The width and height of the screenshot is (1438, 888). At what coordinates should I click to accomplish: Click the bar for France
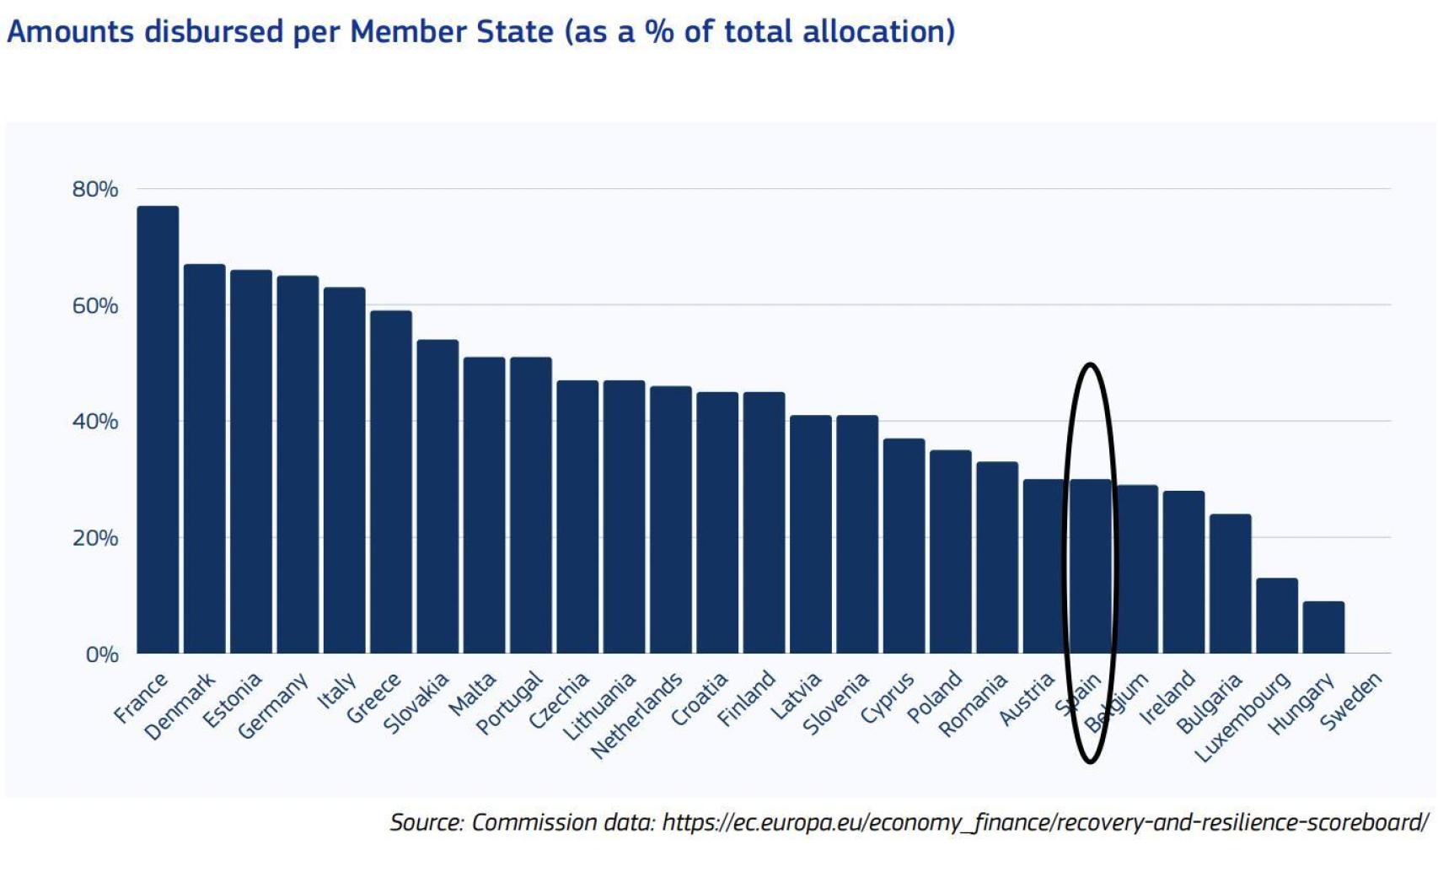point(158,430)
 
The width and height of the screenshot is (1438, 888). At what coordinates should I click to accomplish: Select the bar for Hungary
point(1323,627)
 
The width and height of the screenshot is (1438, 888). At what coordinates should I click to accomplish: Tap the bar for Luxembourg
point(1276,616)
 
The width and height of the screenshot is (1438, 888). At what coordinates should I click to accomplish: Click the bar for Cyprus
point(904,546)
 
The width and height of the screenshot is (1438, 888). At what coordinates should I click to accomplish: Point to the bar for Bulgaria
point(1230,584)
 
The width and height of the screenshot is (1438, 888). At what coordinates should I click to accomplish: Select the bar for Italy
point(344,471)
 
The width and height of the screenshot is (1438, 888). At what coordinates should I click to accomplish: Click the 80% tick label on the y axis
point(95,190)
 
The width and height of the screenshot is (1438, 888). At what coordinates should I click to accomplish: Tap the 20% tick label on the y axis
point(95,538)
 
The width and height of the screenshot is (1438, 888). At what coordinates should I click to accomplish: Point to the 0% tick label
point(102,654)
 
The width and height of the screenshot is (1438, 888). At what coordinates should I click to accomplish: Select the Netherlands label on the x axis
point(637,716)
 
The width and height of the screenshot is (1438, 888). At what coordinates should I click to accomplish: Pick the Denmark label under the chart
point(180,707)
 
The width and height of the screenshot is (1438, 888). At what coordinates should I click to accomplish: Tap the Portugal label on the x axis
point(510,702)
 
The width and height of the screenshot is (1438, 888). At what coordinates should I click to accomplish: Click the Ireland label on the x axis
point(1167,697)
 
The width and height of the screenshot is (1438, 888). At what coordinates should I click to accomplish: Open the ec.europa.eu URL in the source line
point(1045,822)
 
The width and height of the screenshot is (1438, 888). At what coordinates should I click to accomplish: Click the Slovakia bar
point(437,497)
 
